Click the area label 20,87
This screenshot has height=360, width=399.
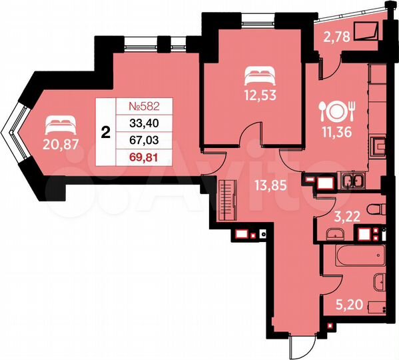point(61,147)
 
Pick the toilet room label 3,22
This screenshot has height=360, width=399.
point(346,215)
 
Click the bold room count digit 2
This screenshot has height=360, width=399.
point(105,132)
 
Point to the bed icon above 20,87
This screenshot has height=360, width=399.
point(61,123)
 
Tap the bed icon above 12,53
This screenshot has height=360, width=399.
point(258,71)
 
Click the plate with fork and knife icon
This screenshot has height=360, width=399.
point(336,109)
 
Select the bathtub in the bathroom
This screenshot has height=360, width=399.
point(353,253)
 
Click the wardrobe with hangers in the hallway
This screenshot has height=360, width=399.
point(230,197)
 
